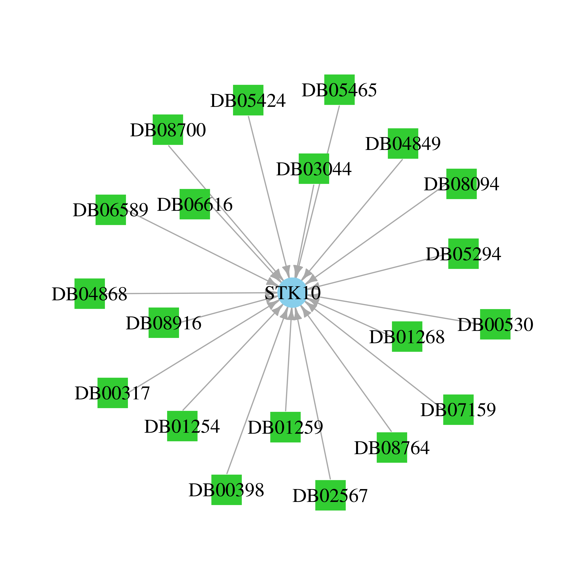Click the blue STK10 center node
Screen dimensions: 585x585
pyautogui.click(x=292, y=292)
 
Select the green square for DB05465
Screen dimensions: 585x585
pyautogui.click(x=339, y=90)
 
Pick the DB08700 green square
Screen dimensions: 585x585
pyautogui.click(x=168, y=130)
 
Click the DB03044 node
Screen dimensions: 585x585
pyautogui.click(x=314, y=169)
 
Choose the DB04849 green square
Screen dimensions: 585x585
pyautogui.click(x=403, y=144)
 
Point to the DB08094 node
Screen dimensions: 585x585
pyautogui.click(x=461, y=184)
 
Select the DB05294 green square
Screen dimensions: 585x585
pyautogui.click(x=464, y=254)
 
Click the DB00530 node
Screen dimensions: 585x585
pyautogui.click(x=495, y=324)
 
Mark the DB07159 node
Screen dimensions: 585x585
pyautogui.click(x=458, y=410)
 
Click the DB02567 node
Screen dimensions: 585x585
pyautogui.click(x=330, y=495)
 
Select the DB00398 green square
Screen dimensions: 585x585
pyautogui.click(x=226, y=490)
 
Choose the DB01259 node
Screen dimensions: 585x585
pyautogui.click(x=285, y=427)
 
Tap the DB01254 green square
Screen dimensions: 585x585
pyautogui.click(x=182, y=426)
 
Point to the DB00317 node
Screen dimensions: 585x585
pyautogui.click(x=113, y=393)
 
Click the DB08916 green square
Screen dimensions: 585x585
pyautogui.click(x=164, y=323)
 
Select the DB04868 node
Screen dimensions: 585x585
pyautogui.click(x=90, y=293)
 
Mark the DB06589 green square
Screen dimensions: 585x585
pyautogui.click(x=111, y=210)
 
